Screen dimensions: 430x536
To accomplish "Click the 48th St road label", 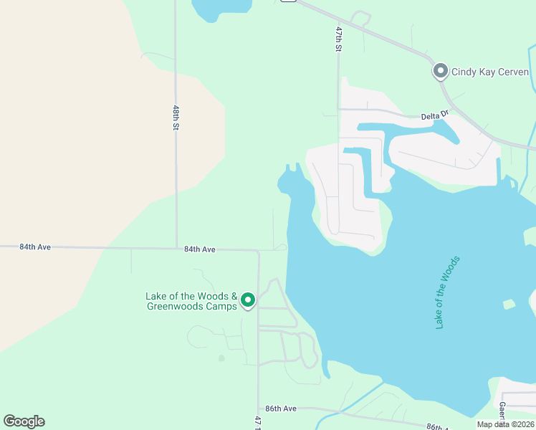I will coord(176,118).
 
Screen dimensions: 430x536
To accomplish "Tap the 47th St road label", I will coord(339,39).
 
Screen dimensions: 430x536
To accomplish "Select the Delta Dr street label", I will coord(434,114).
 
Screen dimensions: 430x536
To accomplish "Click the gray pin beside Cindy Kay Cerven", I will coord(440,72).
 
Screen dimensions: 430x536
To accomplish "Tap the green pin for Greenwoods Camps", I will coord(248,300).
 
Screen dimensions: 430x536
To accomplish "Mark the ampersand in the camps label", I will coord(234,296).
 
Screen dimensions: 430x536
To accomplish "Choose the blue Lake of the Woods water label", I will coord(447,292).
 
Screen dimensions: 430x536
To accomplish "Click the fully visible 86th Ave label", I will coord(281,408).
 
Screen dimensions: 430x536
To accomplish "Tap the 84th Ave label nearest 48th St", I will coord(199,249).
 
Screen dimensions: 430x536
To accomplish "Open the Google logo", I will coord(24,421).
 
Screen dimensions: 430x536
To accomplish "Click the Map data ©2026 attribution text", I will coord(505,424).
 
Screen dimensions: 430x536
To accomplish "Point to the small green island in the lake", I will coord(509,305).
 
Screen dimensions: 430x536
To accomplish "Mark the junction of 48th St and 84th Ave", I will coord(176,249).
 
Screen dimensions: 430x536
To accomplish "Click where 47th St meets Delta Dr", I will coord(339,110).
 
